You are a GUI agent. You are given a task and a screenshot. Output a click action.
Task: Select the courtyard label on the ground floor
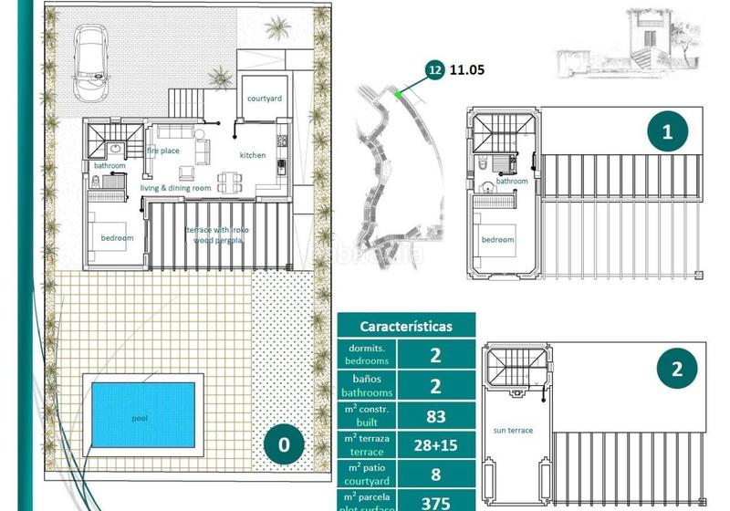pyautogui.click(x=264, y=99)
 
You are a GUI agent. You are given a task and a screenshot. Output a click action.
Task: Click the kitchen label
pyautogui.click(x=253, y=155)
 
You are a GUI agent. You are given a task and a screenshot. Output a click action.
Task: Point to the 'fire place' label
pyautogui.click(x=163, y=151)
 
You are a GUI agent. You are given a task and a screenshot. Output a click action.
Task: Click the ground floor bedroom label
pyautogui.click(x=117, y=238)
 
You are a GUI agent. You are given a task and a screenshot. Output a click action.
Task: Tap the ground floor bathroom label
pyautogui.click(x=109, y=166)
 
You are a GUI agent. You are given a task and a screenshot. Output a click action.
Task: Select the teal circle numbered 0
pyautogui.click(x=284, y=444)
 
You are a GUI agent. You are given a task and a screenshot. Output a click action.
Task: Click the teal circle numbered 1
pyautogui.click(x=667, y=132)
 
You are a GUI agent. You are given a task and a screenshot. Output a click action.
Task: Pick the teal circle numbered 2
pyautogui.click(x=676, y=370)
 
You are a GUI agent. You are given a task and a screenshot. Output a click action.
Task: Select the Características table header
pyautogui.click(x=405, y=326)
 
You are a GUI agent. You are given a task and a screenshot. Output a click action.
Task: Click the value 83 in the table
pyautogui.click(x=434, y=417)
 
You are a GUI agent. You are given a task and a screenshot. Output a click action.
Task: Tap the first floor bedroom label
pyautogui.click(x=497, y=240)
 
